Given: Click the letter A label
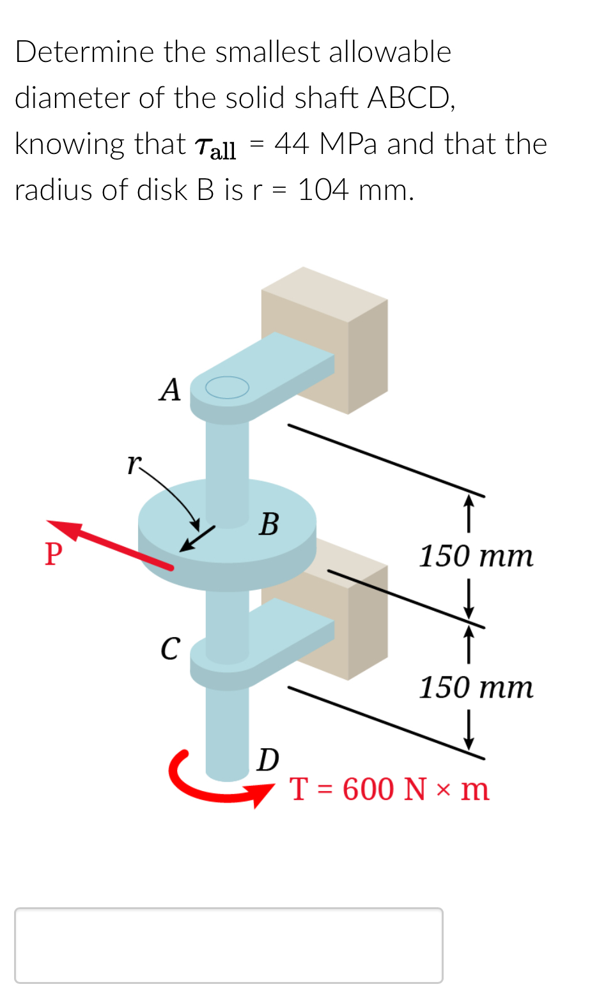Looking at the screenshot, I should pyautogui.click(x=170, y=390).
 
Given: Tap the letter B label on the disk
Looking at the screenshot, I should pyautogui.click(x=269, y=524).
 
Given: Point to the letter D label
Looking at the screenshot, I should pyautogui.click(x=268, y=760).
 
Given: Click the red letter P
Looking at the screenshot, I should pyautogui.click(x=54, y=553).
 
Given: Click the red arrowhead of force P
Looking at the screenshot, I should pyautogui.click(x=64, y=530).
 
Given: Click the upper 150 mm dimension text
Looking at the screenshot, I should pyautogui.click(x=476, y=556).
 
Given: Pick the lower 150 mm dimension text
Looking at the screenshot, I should pyautogui.click(x=476, y=687).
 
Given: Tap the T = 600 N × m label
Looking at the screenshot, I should pyautogui.click(x=389, y=789).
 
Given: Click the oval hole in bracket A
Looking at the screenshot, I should pyautogui.click(x=227, y=387).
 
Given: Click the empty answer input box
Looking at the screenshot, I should pyautogui.click(x=228, y=945).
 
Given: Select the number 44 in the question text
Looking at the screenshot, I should pyautogui.click(x=292, y=144).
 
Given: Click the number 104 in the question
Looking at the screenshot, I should pyautogui.click(x=323, y=190).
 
